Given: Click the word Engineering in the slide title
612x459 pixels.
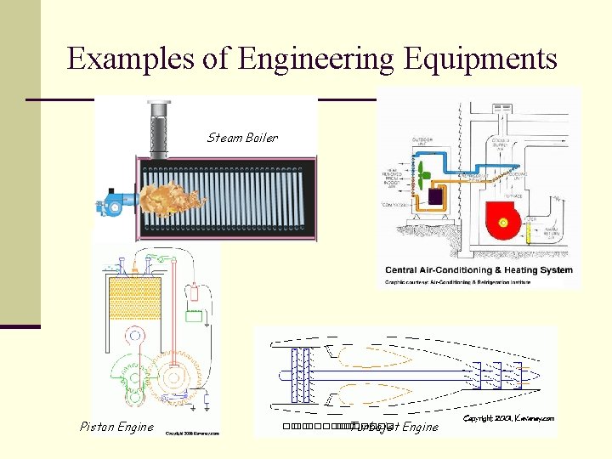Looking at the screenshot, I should click(317, 59).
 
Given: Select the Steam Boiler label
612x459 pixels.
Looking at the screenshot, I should click(242, 138).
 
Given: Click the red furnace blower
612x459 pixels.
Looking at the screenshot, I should click(502, 222).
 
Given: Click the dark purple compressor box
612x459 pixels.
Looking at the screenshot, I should click(436, 197).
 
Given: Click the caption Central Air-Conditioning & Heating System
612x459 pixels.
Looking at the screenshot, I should click(479, 270).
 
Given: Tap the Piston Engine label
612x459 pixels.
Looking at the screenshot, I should click(116, 427).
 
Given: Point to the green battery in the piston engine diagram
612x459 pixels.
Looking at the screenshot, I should click(195, 319).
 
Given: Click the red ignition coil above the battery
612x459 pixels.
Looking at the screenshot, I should click(195, 293).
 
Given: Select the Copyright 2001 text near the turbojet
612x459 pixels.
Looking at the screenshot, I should click(508, 418).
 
